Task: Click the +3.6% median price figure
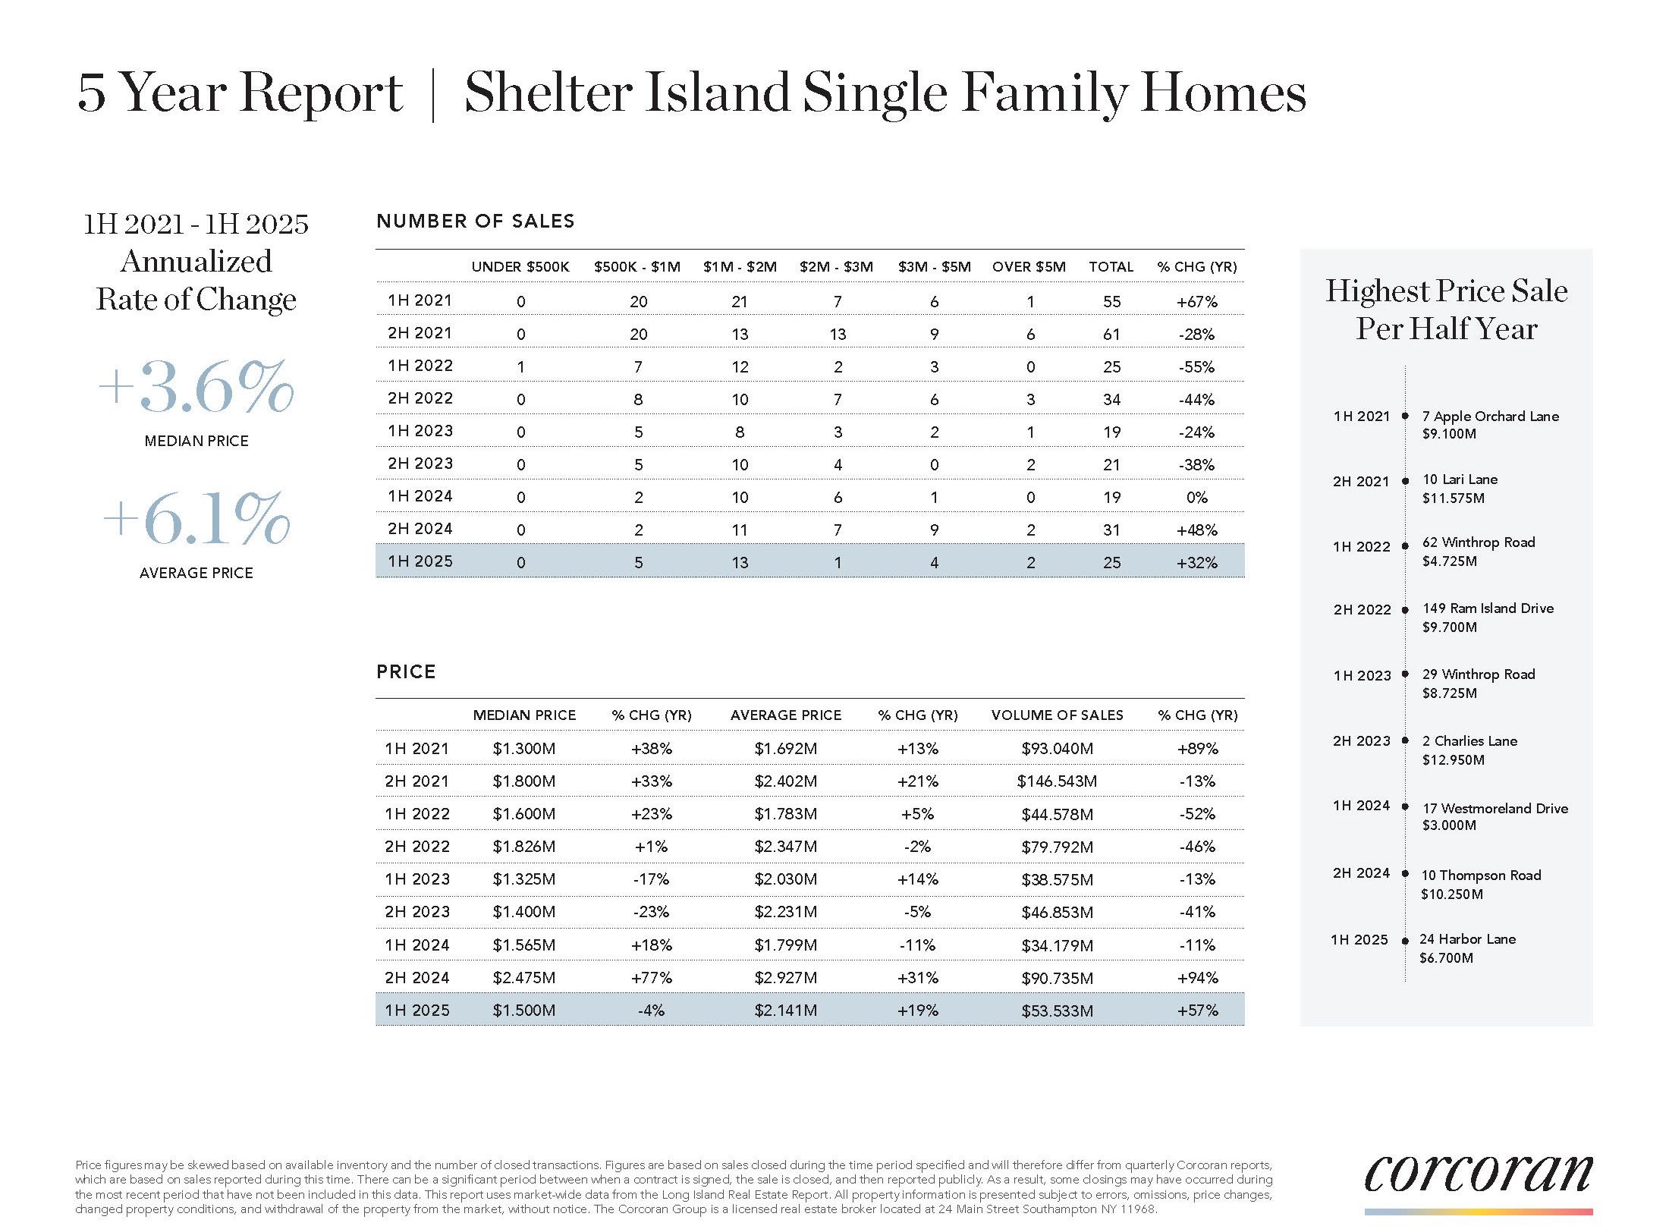click(196, 388)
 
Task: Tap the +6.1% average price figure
click(196, 520)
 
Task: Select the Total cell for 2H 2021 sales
click(1111, 334)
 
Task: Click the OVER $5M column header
click(1029, 267)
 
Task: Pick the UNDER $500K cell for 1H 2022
click(520, 366)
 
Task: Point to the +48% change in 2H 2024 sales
click(1196, 530)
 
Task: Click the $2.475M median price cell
click(523, 978)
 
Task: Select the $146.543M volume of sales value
click(1057, 781)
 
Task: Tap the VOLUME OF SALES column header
click(1057, 715)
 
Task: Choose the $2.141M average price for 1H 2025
click(785, 1011)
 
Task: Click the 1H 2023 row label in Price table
click(417, 879)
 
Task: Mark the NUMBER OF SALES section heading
click(476, 222)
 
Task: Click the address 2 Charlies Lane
click(1469, 741)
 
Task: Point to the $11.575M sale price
click(1453, 498)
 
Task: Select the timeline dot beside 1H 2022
click(1405, 546)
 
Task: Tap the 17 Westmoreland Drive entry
click(1495, 809)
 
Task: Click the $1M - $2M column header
click(740, 267)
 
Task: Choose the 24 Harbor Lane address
click(1467, 939)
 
